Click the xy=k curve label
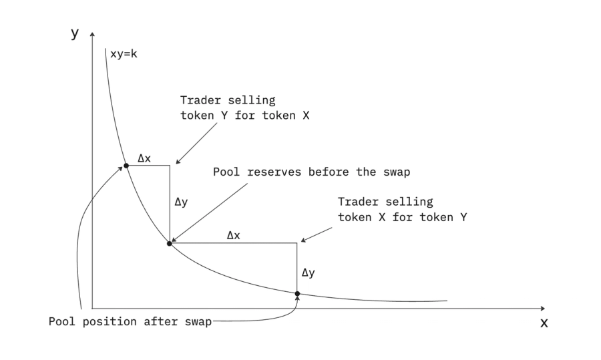[124, 53]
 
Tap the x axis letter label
[544, 323]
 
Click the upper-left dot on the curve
[126, 165]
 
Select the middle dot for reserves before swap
[170, 243]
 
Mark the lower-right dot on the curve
[297, 293]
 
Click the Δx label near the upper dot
[144, 158]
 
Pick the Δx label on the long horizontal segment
[234, 236]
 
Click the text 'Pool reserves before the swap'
[311, 171]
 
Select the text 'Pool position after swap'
[130, 321]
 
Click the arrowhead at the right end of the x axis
[542, 309]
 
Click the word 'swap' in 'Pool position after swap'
[198, 321]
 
